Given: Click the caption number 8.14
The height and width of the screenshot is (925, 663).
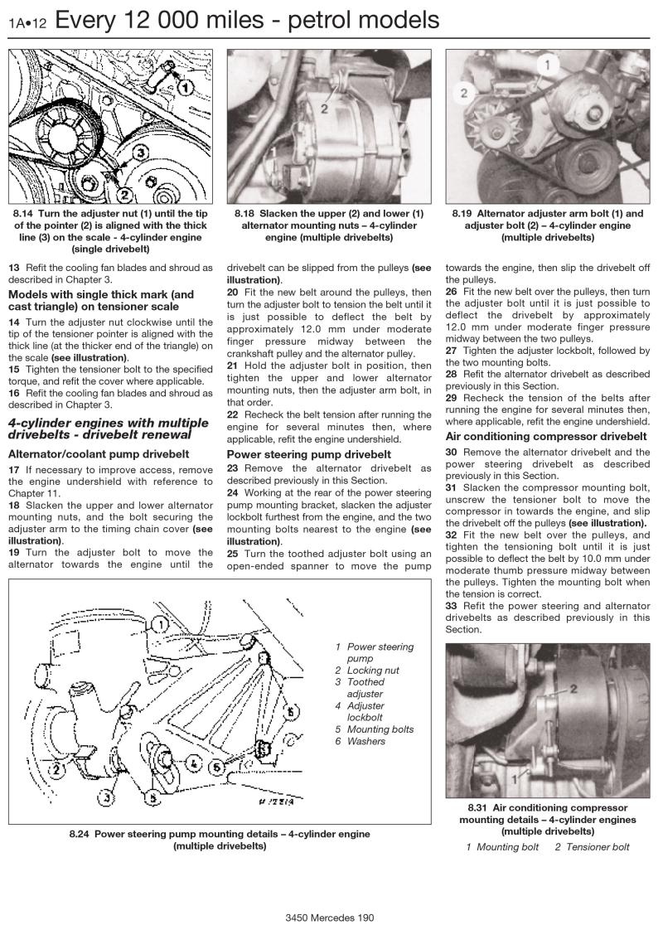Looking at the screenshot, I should [23, 213].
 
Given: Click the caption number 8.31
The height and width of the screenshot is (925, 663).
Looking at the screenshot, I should [477, 808].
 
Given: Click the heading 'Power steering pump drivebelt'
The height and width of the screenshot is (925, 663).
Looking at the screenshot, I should [308, 454].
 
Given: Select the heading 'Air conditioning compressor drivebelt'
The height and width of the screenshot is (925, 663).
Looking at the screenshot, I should [546, 436].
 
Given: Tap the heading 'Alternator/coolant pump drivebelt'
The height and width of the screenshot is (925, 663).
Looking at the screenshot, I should [98, 454].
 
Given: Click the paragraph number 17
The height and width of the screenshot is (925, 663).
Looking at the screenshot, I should [14, 470].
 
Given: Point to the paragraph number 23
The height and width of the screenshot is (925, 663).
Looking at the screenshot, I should [233, 468].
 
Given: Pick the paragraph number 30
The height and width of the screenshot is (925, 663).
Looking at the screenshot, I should [452, 452].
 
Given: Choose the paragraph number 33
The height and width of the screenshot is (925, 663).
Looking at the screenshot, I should [452, 606].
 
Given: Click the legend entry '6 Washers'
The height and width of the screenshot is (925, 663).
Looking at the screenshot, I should [361, 741].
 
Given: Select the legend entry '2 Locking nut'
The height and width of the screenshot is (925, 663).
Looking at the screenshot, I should [367, 670].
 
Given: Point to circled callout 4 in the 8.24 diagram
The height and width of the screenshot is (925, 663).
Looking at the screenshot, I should [191, 762].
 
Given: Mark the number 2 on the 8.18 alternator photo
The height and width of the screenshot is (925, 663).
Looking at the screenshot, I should [324, 108].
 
